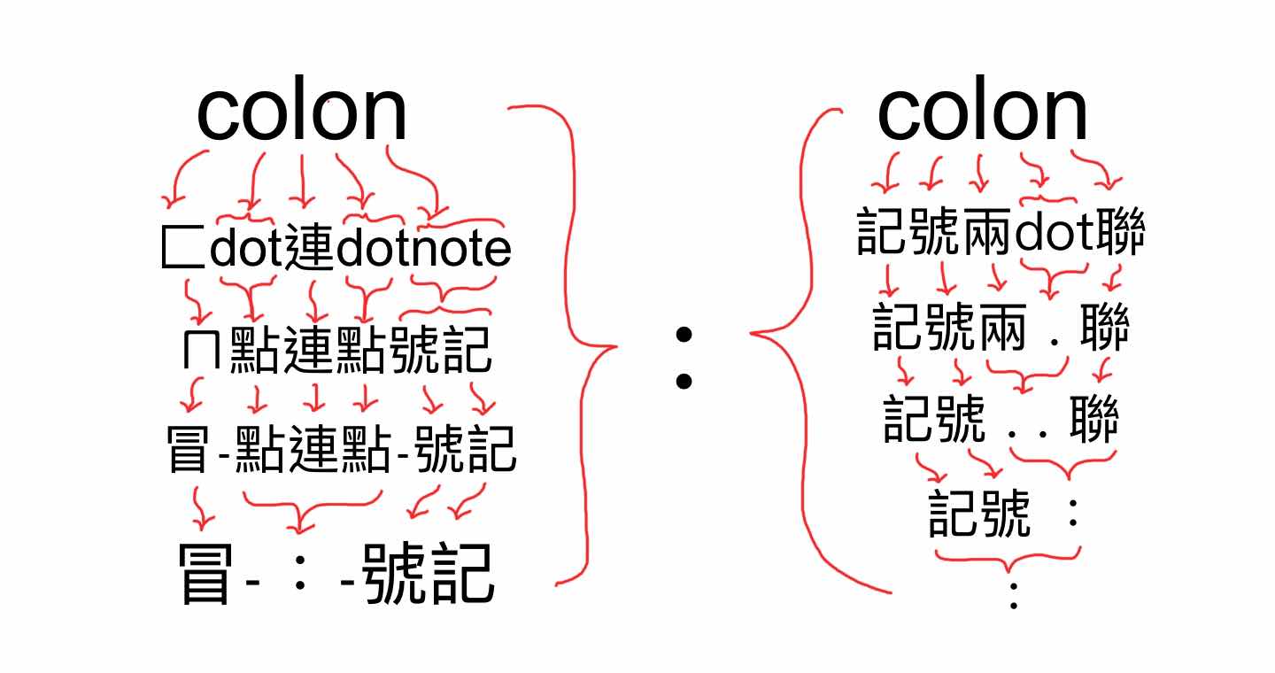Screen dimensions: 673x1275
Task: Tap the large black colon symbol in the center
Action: click(683, 358)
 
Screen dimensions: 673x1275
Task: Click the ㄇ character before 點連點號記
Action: click(202, 352)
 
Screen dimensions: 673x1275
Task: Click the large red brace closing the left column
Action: click(576, 345)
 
